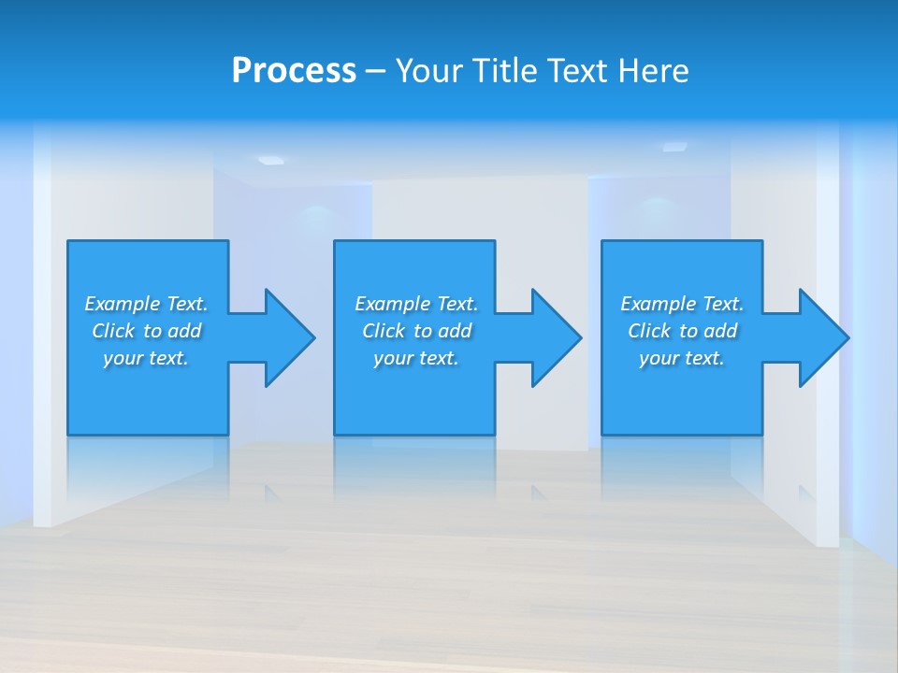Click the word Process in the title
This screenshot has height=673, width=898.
[294, 71]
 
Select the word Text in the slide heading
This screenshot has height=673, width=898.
[578, 71]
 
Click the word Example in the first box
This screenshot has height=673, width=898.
[123, 304]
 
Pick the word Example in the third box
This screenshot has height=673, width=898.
[659, 304]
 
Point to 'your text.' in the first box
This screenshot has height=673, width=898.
[146, 358]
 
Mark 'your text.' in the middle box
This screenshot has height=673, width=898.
[416, 358]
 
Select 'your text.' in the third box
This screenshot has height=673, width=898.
[682, 358]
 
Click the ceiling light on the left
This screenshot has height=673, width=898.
[270, 160]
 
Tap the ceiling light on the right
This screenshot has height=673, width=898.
[674, 147]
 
